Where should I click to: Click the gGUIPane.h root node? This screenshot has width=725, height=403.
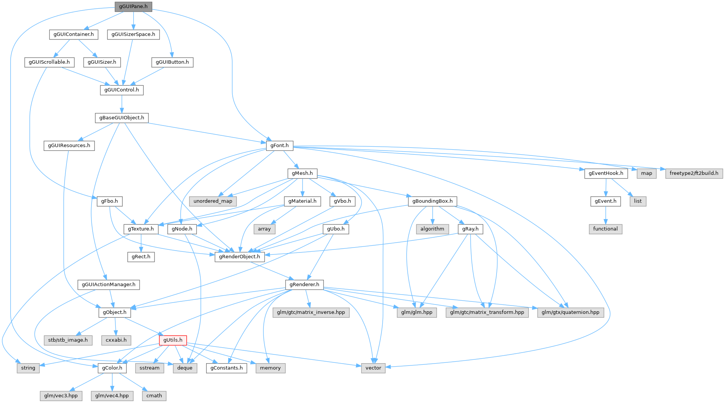pos(133,6)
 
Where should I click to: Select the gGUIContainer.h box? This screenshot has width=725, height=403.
pos(74,34)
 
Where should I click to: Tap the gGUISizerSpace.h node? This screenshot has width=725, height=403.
pos(133,34)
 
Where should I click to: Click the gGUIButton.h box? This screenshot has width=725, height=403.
pos(172,62)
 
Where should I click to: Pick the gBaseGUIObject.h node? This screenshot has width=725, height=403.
pos(121,118)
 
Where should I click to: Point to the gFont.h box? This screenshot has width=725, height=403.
pos(279,146)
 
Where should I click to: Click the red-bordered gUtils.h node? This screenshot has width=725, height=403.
pos(173,340)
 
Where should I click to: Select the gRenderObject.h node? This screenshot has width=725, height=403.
pos(240,257)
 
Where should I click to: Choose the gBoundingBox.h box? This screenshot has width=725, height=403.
pos(432,201)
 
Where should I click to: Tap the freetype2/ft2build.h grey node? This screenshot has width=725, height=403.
pos(694,173)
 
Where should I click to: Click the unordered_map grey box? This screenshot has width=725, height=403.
pos(213,201)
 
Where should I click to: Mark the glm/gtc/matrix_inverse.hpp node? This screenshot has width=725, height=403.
pos(311,312)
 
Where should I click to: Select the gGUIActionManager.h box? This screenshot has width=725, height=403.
pos(109,285)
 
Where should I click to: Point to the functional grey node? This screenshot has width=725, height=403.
pos(605,229)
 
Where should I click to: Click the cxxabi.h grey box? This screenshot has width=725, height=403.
pos(116,340)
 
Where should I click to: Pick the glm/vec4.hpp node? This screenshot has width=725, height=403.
pos(112,396)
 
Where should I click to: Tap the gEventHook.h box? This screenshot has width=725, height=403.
pos(606,173)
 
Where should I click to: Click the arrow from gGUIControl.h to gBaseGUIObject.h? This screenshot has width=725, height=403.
pos(121,103)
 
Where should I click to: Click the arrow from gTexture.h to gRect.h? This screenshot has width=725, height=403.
pos(141,243)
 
